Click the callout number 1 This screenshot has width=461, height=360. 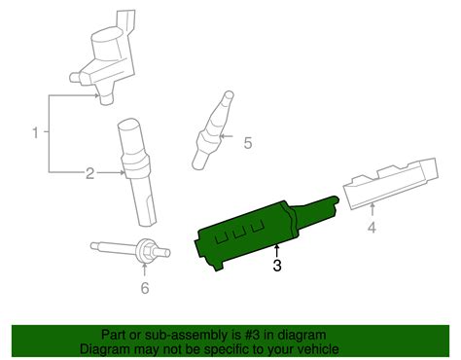(x=37, y=131)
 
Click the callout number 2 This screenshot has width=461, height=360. (x=89, y=173)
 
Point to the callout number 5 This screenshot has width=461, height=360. (x=247, y=144)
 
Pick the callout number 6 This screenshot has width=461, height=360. (x=145, y=288)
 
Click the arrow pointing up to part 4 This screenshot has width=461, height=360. (x=371, y=209)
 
